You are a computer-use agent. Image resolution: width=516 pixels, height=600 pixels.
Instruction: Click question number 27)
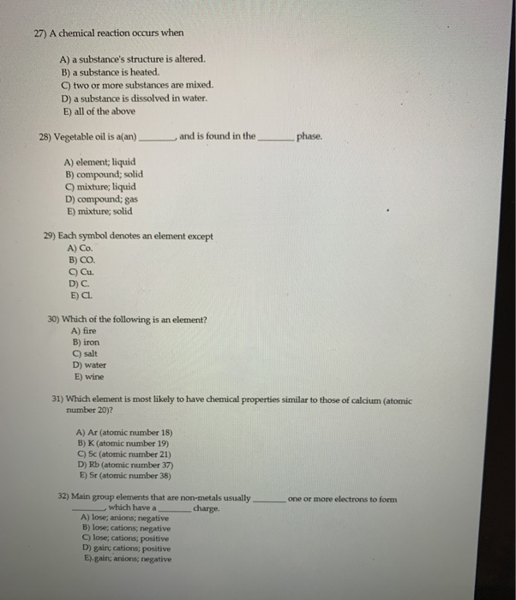point(36,33)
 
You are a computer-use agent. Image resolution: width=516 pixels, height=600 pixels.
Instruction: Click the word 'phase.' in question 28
point(309,136)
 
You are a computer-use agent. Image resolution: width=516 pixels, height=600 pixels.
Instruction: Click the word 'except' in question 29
point(198,237)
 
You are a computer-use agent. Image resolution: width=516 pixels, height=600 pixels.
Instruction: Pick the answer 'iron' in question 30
point(90,341)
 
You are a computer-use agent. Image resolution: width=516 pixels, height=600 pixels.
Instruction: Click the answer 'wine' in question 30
point(91,376)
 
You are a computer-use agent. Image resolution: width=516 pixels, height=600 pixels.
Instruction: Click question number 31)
point(59,399)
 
